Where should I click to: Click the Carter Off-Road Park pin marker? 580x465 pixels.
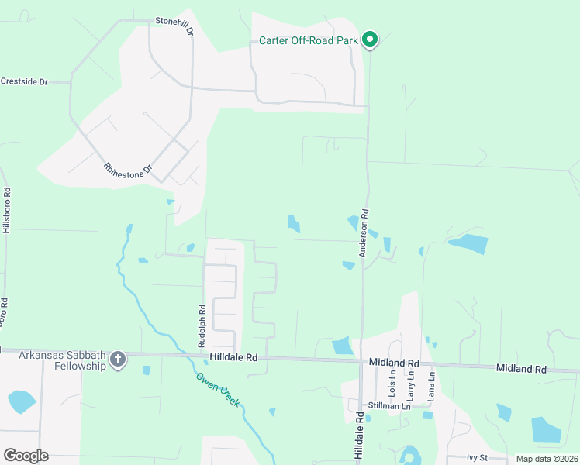(371, 39)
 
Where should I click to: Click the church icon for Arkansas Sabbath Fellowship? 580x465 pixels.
(117, 359)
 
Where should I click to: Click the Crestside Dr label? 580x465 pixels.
(24, 81)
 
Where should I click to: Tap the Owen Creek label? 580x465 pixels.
(218, 389)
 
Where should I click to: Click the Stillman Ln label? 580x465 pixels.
(389, 405)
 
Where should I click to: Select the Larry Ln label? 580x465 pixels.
(411, 384)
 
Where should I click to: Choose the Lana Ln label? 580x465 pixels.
(431, 384)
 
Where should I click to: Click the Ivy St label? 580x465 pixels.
(478, 458)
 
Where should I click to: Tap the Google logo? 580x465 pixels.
(26, 456)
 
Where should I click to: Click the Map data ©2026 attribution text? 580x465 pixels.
(547, 459)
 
